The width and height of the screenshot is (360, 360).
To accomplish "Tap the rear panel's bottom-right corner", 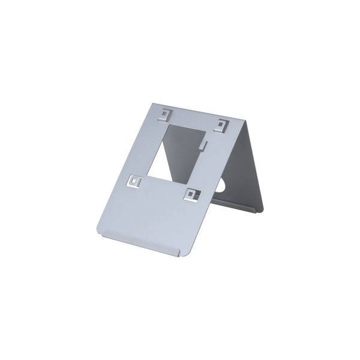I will (x=262, y=210).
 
